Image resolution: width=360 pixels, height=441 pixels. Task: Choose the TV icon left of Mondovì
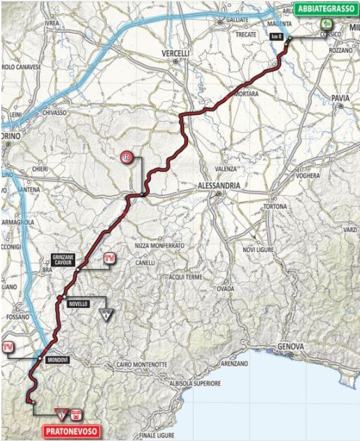tap(8, 346)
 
